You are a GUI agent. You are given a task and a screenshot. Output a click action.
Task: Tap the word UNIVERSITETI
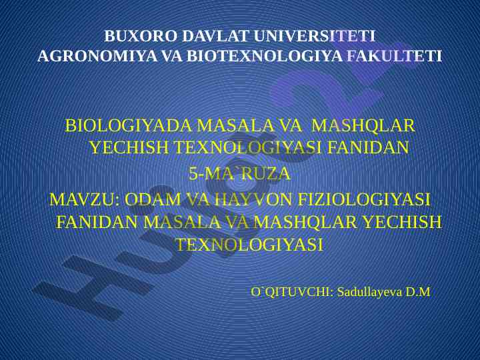pos(315,36)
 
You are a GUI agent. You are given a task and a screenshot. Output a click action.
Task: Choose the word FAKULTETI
pos(395,56)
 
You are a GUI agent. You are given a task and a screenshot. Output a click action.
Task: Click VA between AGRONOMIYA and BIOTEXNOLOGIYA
pos(172,56)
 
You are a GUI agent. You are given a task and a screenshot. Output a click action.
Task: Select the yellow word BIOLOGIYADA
pos(128,125)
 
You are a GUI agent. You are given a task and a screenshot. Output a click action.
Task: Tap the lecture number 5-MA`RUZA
pos(239,173)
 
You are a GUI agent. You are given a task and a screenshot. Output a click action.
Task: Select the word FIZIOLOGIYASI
pos(364,199)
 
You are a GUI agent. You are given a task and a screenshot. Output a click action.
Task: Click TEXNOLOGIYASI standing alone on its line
pos(250,244)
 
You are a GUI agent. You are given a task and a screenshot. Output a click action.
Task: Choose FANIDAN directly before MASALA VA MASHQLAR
pos(97,222)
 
